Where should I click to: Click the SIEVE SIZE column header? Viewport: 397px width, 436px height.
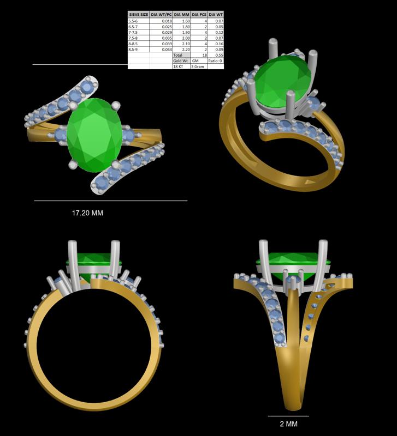(139, 15)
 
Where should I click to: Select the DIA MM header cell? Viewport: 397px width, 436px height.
(182, 15)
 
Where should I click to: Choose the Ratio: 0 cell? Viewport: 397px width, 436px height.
(216, 60)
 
